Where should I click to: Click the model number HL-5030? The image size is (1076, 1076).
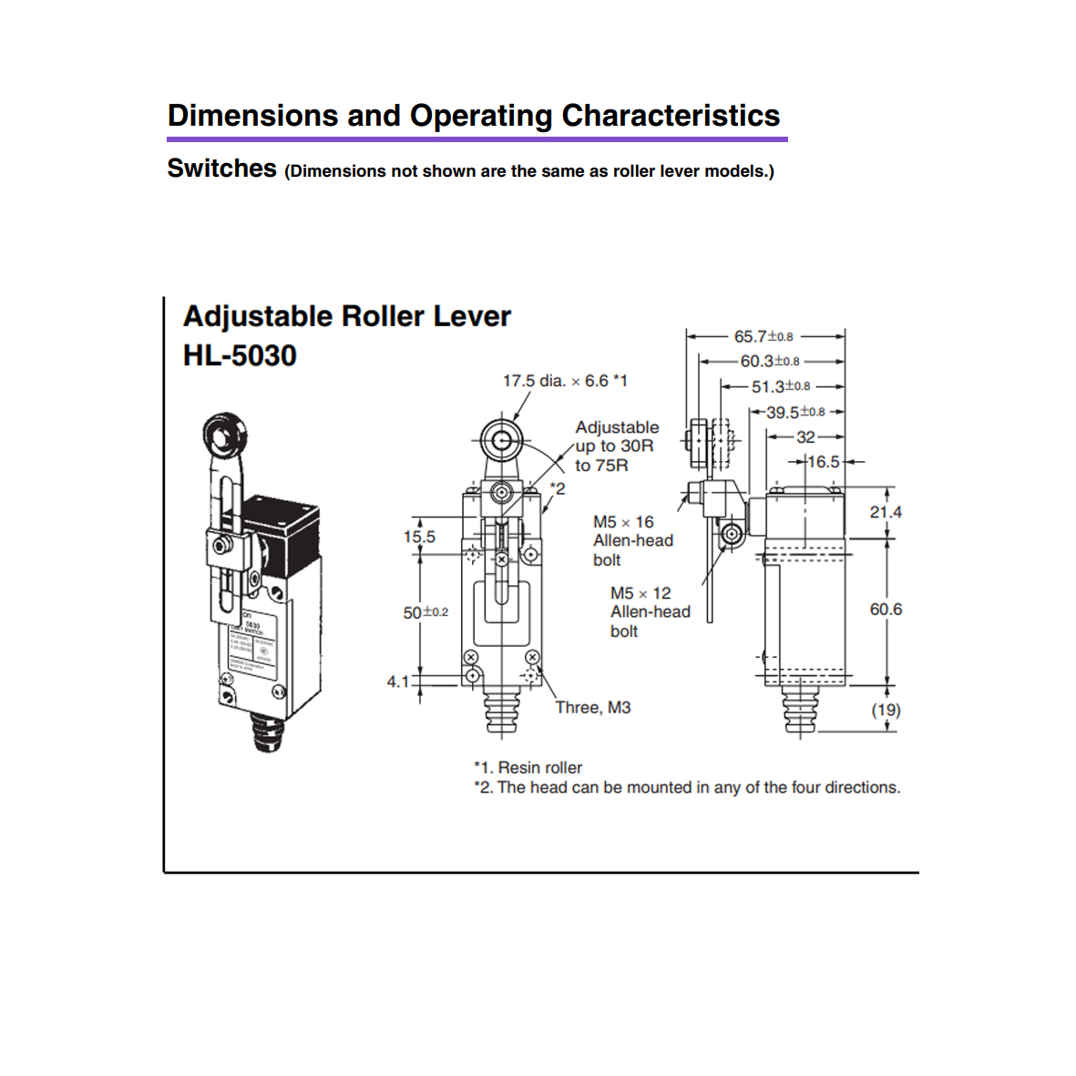click(240, 355)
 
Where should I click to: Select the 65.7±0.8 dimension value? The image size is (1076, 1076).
click(763, 336)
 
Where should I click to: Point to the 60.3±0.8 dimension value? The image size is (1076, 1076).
click(770, 361)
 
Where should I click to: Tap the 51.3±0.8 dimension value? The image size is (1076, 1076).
click(781, 386)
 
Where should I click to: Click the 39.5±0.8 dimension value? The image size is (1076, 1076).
click(795, 412)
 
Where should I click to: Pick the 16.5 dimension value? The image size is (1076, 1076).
click(824, 462)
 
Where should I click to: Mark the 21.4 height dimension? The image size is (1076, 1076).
click(886, 512)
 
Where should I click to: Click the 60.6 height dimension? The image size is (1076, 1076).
click(886, 609)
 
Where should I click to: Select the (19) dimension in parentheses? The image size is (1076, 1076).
click(886, 710)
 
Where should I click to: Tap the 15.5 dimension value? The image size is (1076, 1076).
click(419, 537)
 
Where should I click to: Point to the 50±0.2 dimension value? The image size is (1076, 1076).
click(425, 612)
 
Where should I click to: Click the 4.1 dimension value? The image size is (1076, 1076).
click(398, 681)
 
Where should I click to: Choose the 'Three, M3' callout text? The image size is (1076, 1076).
click(593, 707)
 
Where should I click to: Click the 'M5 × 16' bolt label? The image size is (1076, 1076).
click(623, 522)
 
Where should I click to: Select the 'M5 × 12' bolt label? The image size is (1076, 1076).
click(640, 593)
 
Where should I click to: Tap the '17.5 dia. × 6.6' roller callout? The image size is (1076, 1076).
click(565, 381)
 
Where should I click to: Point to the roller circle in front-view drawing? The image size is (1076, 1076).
click(500, 442)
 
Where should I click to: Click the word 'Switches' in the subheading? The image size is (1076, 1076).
click(221, 169)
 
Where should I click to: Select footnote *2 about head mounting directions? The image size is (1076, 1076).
click(687, 787)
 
